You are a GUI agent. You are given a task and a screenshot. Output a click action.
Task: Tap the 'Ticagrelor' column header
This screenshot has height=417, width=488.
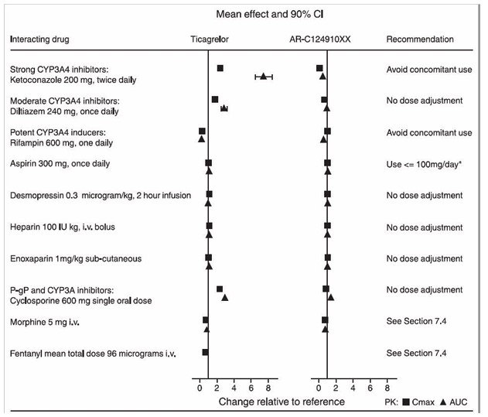(x=210, y=39)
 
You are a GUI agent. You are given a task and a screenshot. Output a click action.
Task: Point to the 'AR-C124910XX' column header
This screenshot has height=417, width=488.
(x=326, y=39)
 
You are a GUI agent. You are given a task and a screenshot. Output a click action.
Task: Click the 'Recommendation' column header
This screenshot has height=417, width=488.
(x=420, y=39)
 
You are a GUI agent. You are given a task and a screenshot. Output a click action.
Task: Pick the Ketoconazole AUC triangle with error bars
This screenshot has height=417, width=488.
(x=264, y=77)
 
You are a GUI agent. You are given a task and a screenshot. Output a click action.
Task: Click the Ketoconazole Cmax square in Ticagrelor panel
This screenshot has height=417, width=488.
(x=220, y=69)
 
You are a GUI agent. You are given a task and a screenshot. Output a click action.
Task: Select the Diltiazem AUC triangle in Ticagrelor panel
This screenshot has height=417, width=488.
(x=224, y=108)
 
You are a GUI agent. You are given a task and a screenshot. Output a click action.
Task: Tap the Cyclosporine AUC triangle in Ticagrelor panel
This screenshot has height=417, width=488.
(x=225, y=296)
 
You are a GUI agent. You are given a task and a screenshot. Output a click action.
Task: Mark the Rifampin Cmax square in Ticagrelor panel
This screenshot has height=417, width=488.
(x=202, y=132)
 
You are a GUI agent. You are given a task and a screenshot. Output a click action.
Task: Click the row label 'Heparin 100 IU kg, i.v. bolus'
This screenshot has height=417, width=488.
(x=62, y=227)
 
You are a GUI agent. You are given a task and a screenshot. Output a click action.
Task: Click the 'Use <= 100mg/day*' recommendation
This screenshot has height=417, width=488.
(x=429, y=164)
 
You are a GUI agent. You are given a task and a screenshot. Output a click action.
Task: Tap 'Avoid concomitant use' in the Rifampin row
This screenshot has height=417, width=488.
(x=429, y=133)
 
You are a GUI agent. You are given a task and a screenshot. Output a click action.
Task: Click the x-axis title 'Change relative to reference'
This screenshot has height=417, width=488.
(x=282, y=402)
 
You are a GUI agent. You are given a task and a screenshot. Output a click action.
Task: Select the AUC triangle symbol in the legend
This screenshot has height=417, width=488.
(x=443, y=403)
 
